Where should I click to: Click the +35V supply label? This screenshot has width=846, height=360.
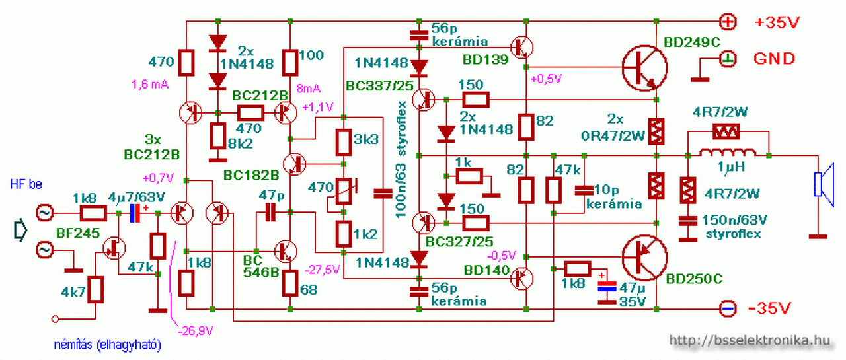coord(778,23)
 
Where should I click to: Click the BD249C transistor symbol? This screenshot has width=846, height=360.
coord(644,68)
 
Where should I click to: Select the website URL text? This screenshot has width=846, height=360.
coord(749,341)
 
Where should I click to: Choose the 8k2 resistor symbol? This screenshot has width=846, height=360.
coord(218,137)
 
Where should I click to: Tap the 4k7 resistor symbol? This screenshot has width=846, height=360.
coord(96,289)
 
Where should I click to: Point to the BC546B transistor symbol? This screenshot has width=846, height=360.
coord(287,252)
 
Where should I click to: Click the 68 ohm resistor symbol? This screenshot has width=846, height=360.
coord(290,283)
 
